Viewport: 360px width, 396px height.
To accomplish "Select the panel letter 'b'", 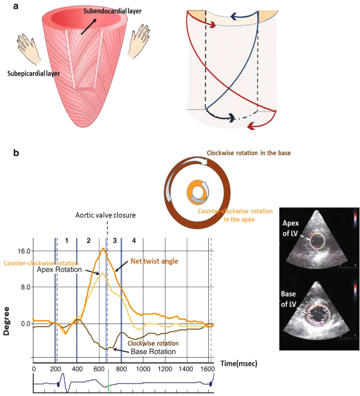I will click(17, 153).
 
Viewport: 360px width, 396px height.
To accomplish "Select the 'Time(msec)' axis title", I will click(235, 362).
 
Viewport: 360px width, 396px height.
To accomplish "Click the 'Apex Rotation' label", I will click(60, 270).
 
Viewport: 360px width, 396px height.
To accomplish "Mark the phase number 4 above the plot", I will click(134, 241).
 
